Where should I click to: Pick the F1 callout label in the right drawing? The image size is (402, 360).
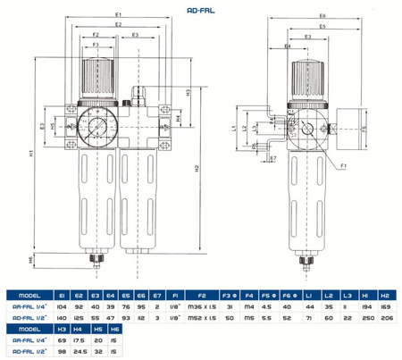coord(345,165)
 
